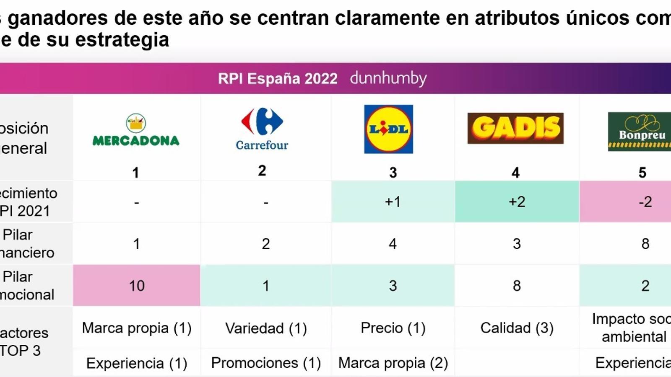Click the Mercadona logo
[136, 130]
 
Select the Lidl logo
[388, 129]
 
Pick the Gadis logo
[515, 128]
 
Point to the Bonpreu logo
[640, 132]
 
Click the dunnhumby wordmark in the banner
[388, 78]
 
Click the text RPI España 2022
[278, 79]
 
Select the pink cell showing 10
[137, 286]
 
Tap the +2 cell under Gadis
[517, 202]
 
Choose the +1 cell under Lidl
[393, 202]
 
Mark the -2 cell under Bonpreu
[645, 202]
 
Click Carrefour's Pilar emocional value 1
[266, 286]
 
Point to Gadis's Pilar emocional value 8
[517, 286]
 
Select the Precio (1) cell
[393, 328]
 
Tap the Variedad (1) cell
[266, 328]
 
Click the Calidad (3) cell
[517, 328]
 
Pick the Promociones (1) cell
[266, 363]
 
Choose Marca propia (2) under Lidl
[393, 363]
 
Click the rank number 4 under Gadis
[515, 173]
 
